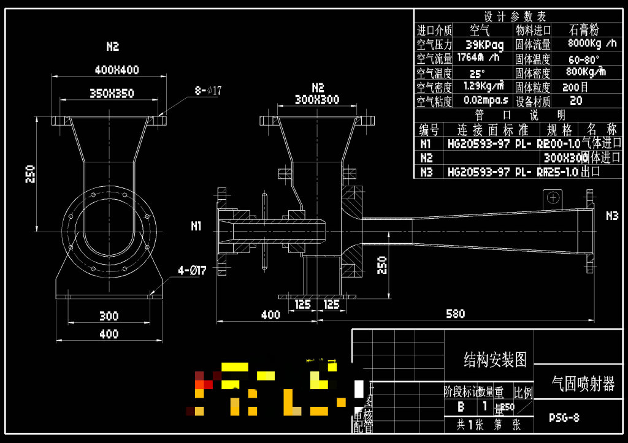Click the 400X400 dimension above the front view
coord(117,70)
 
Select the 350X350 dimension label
coord(112,93)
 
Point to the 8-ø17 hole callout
coord(208,91)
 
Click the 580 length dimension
coord(455,314)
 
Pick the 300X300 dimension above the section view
coord(317,99)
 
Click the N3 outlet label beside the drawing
coord(612,216)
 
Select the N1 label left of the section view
coord(196,226)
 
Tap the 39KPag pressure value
coord(484,45)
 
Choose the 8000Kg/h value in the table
coord(592,44)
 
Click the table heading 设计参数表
coord(515,17)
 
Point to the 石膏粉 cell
coord(584,29)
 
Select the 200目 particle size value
coord(575,87)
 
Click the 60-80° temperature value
coord(584,59)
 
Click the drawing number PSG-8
coord(564,418)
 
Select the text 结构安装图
coord(495,360)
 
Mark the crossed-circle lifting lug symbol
coord(553,197)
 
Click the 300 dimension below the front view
coord(109,316)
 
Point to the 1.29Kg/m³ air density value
coord(484,86)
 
